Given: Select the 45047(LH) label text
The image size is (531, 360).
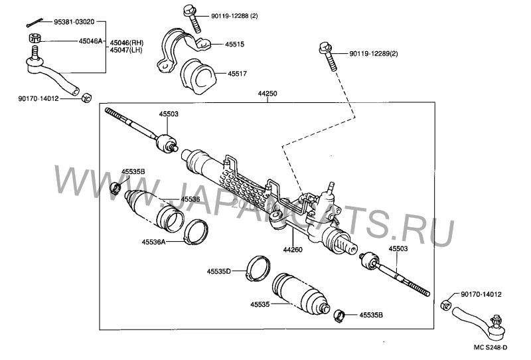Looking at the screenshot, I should pyautogui.click(x=126, y=50).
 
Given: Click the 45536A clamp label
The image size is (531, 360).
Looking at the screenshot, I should pyautogui.click(x=153, y=242).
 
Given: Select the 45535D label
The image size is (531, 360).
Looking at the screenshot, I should pyautogui.click(x=218, y=272).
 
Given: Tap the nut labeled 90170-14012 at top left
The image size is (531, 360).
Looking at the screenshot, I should pyautogui.click(x=86, y=99).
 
